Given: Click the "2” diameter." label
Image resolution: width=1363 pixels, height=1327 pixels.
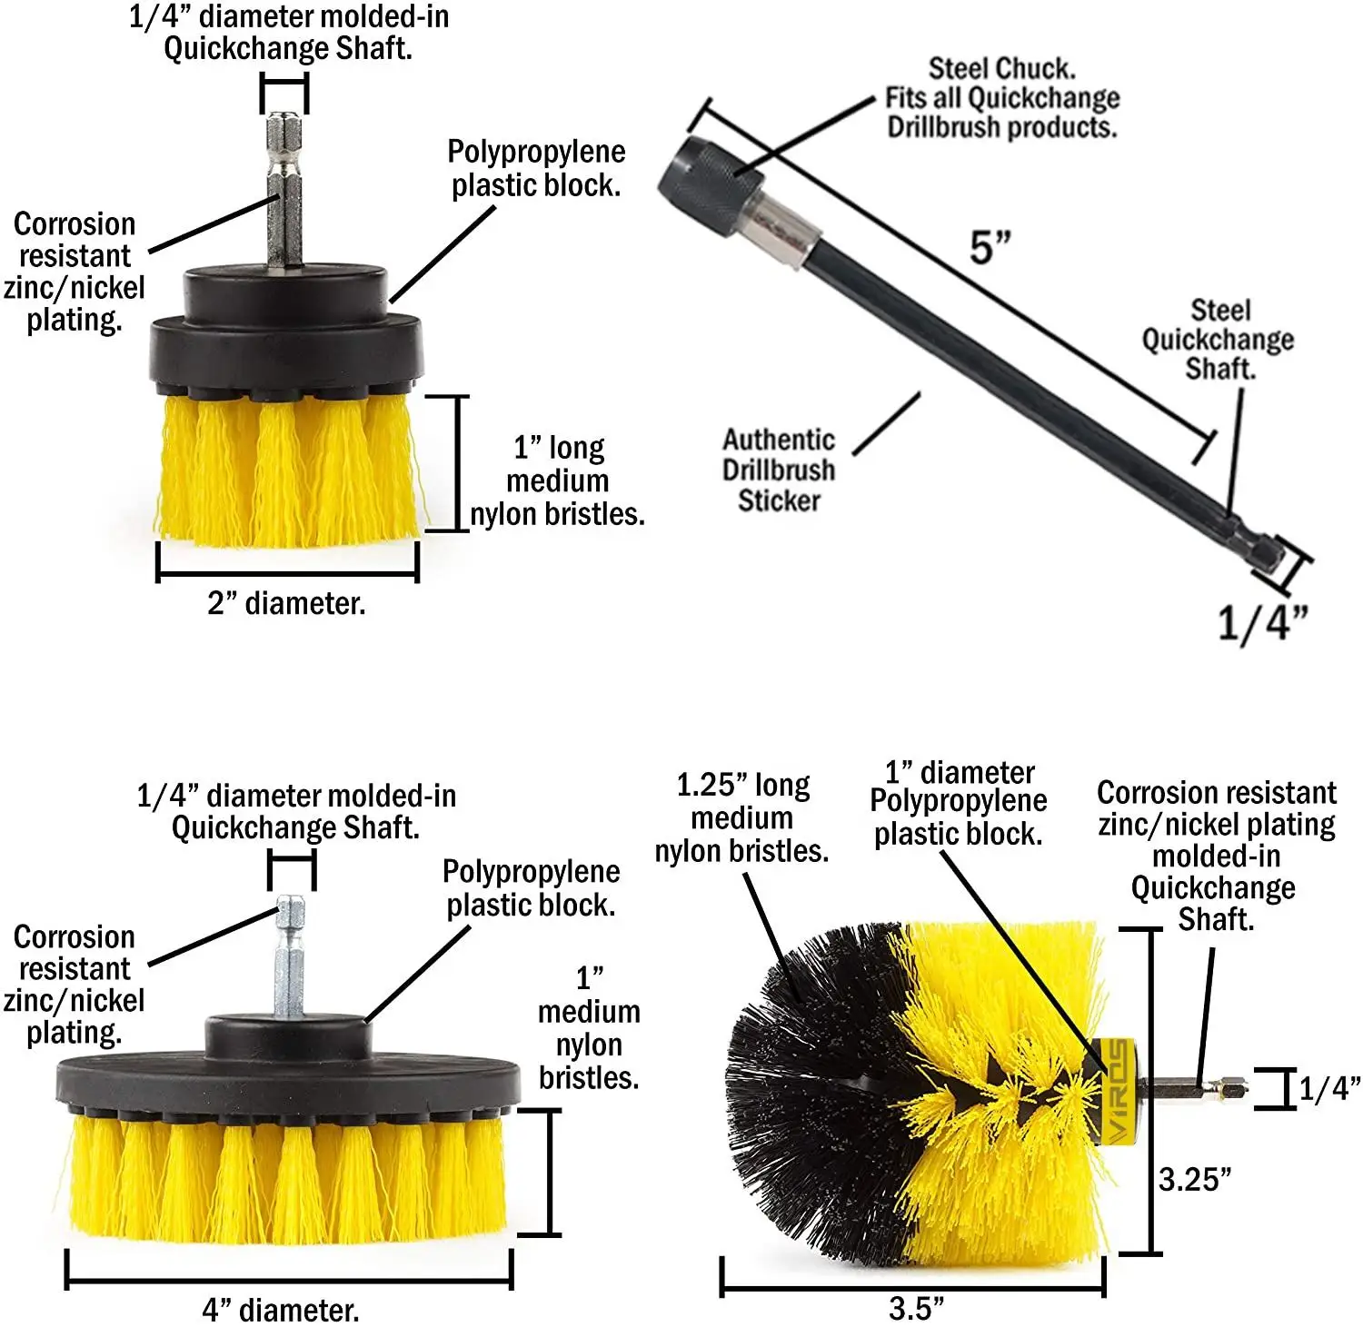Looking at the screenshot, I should pyautogui.click(x=286, y=603).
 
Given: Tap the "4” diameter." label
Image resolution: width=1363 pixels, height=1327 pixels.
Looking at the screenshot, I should pyautogui.click(x=281, y=1310).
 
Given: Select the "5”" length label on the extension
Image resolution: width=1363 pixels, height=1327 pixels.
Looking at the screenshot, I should pyautogui.click(x=990, y=247).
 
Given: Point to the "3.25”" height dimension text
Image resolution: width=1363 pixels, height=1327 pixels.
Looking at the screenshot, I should pyautogui.click(x=1195, y=1179).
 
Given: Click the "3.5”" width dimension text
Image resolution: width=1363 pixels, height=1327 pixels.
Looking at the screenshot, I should pyautogui.click(x=916, y=1308).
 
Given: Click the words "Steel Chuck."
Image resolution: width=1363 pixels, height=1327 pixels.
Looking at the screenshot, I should pyautogui.click(x=1001, y=69).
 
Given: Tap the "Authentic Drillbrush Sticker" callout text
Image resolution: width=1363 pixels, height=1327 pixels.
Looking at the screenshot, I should pyautogui.click(x=779, y=470).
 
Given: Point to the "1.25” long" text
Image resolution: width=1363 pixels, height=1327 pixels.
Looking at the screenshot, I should pyautogui.click(x=742, y=786).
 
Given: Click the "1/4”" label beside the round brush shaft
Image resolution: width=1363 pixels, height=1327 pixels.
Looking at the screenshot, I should pyautogui.click(x=1329, y=1088).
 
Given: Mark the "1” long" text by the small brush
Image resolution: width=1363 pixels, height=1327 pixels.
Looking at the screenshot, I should pyautogui.click(x=559, y=448).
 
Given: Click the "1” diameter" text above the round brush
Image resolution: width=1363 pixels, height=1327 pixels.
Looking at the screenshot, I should pyautogui.click(x=960, y=773).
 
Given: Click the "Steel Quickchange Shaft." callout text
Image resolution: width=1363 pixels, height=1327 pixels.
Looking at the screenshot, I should pyautogui.click(x=1219, y=340).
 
